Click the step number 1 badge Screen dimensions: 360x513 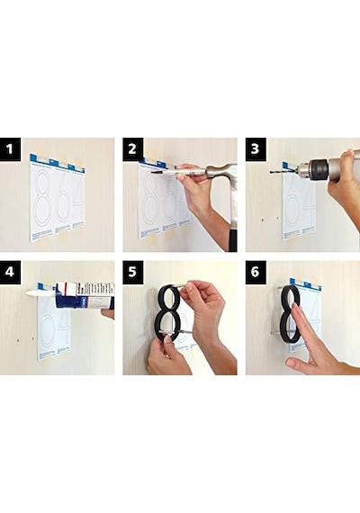(x=10, y=149)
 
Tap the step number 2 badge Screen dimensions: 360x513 (x=133, y=149)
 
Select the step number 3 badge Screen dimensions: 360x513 (x=256, y=149)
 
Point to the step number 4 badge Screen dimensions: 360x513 (x=10, y=272)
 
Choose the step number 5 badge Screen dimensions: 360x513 (x=133, y=272)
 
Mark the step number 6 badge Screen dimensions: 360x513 (x=256, y=272)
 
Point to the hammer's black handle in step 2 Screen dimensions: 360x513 (x=233, y=240)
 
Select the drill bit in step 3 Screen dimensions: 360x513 (x=283, y=171)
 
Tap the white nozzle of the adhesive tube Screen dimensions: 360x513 (x=40, y=293)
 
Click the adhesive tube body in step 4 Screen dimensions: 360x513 (x=85, y=295)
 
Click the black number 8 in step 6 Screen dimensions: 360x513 (x=291, y=314)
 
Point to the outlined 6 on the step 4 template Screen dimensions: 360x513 (x=49, y=331)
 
